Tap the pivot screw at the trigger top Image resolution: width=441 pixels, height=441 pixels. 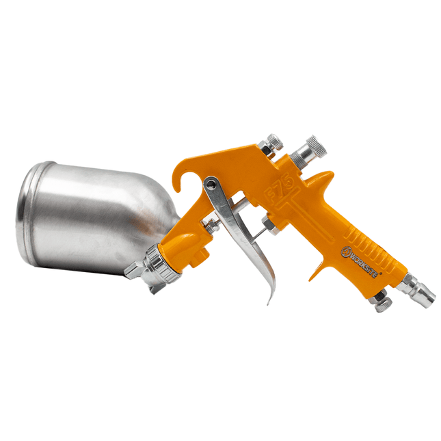pyautogui.click(x=213, y=184)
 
